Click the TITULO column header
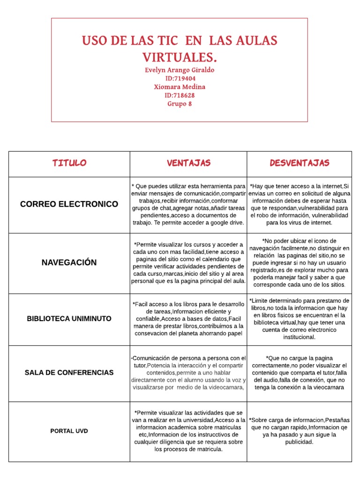tap(69, 163)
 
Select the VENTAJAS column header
tap(188, 163)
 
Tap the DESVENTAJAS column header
tap(299, 163)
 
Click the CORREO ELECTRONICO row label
tap(69, 204)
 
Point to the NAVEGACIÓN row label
tap(69, 262)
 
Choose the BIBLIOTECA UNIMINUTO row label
tap(69, 319)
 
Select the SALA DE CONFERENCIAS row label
tap(69, 373)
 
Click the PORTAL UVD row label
tap(69, 431)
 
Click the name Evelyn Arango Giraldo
tap(180, 70)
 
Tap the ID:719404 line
tap(180, 78)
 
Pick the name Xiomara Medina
tap(180, 87)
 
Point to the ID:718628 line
tap(180, 95)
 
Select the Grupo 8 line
tap(180, 104)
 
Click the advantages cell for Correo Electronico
tap(188, 204)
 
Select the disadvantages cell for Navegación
tap(299, 262)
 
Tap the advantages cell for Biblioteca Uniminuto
tap(188, 319)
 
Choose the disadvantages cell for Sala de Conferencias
tap(299, 373)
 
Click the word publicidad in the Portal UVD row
tap(299, 442)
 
